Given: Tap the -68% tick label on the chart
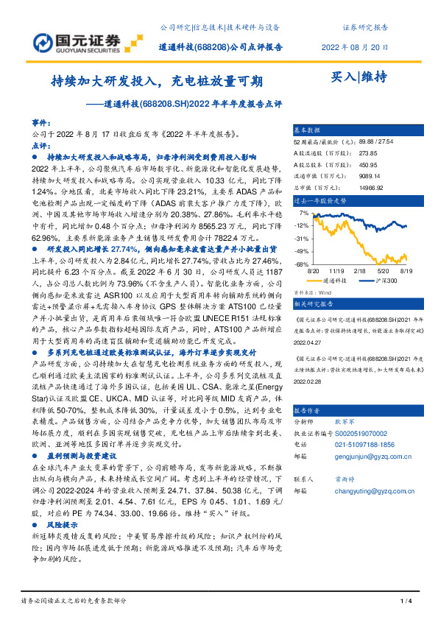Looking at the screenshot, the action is (x=301, y=264).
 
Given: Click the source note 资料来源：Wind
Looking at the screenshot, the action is (x=314, y=291).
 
